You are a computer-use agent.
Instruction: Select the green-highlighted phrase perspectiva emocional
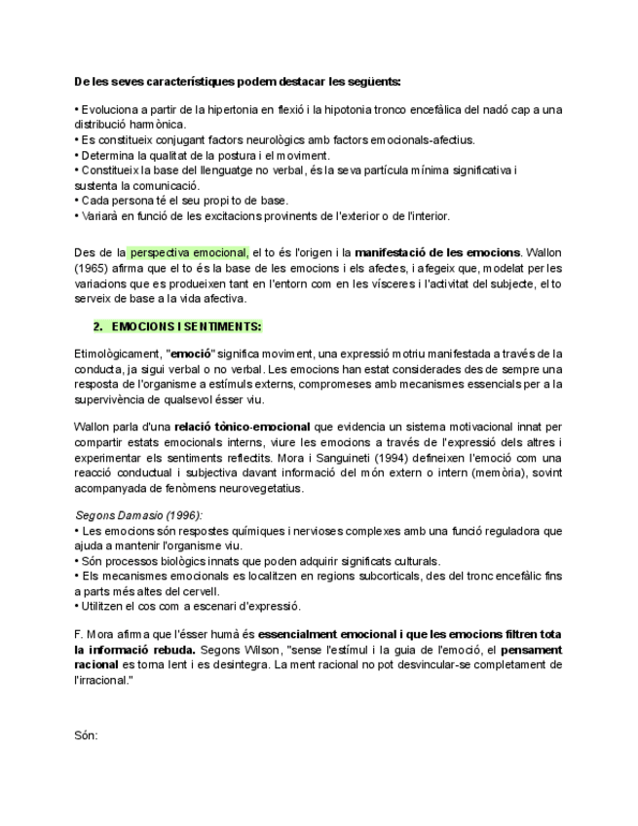(188, 252)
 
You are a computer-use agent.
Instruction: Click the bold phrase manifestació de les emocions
(438, 252)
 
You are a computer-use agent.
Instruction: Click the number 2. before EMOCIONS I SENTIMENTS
(97, 325)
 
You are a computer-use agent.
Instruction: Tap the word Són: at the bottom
(86, 736)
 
